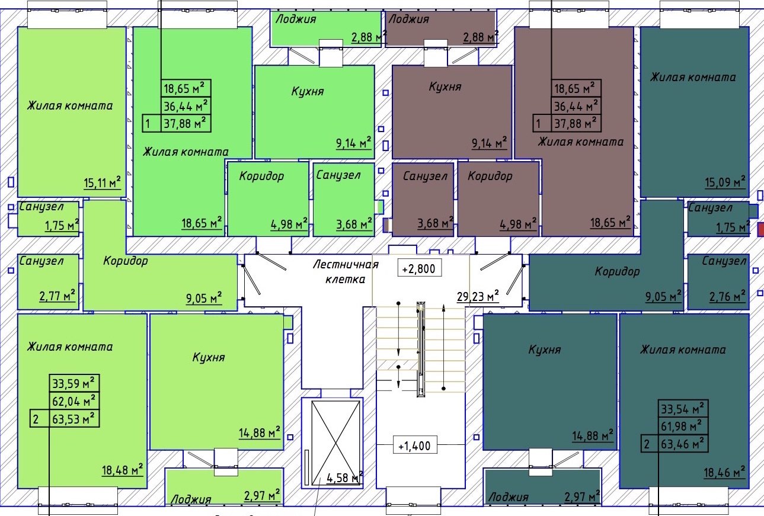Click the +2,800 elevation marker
(419, 268)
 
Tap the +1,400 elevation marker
(414, 446)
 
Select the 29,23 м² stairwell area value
(478, 296)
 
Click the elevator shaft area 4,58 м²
(344, 477)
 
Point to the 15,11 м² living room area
(103, 182)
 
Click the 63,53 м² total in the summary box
(73, 419)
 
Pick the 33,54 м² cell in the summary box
(682, 409)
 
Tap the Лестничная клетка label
(346, 272)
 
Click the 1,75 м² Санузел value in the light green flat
(62, 225)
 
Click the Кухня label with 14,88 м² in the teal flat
(545, 350)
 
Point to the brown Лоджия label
(408, 19)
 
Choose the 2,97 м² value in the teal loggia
(582, 496)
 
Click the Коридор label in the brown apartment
(490, 176)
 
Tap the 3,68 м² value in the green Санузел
(354, 225)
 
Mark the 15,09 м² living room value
(725, 182)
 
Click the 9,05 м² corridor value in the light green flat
(204, 298)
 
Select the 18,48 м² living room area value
(123, 470)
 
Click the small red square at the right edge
(760, 229)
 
